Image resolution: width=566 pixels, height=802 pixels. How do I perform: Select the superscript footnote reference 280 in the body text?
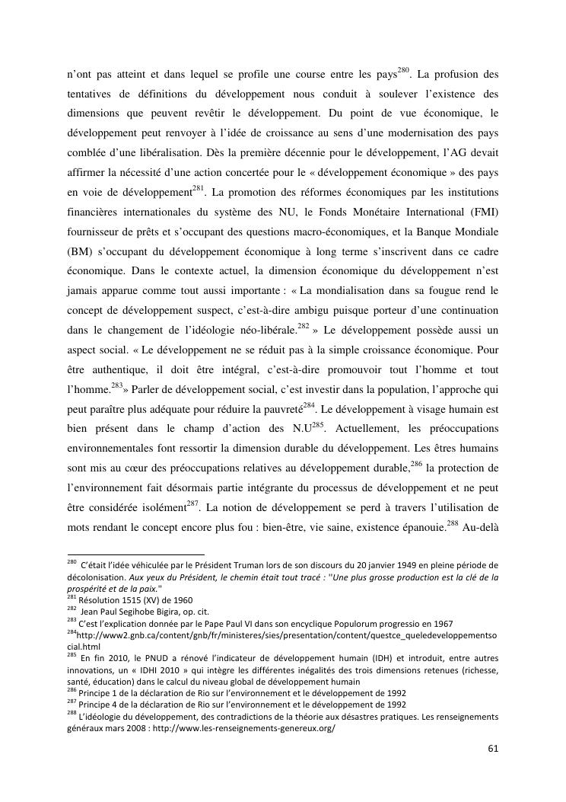(404, 72)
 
